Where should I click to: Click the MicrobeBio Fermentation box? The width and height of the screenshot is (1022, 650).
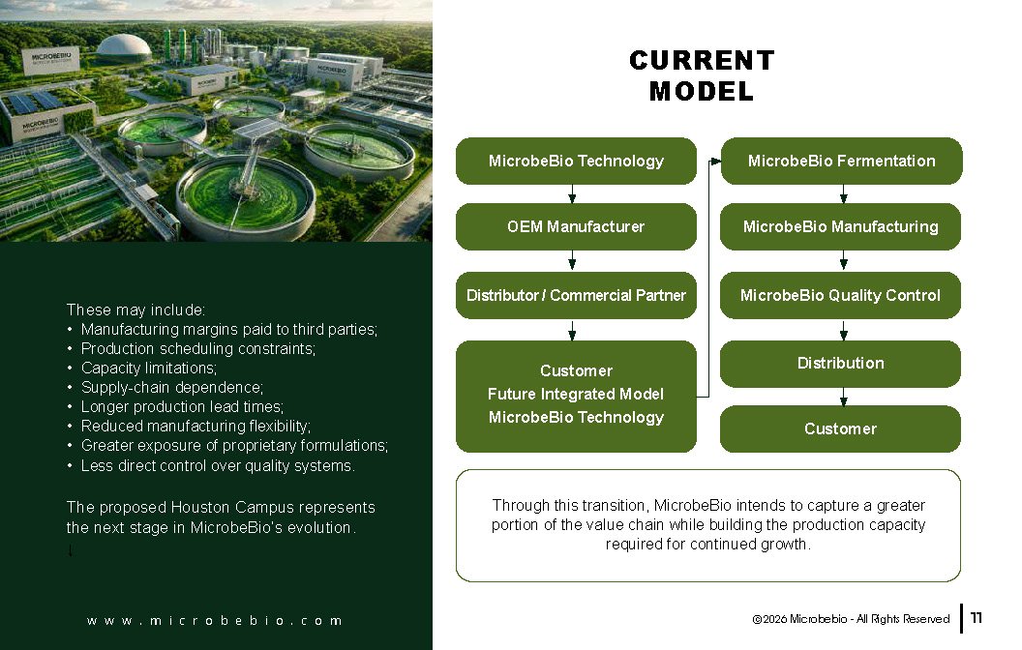point(841,161)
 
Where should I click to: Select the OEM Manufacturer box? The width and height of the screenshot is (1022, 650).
point(576,226)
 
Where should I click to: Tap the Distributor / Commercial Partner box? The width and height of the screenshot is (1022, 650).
point(576,295)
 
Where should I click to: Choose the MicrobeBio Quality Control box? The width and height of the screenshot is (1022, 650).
point(840,295)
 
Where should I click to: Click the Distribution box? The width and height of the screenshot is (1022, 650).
point(840,364)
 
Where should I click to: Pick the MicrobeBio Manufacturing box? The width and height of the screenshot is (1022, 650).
point(840,226)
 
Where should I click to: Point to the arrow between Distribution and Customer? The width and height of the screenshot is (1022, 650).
point(843,397)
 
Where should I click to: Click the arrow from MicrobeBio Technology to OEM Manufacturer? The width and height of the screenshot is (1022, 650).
point(572,194)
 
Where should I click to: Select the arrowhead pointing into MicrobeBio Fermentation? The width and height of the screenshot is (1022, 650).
point(715,161)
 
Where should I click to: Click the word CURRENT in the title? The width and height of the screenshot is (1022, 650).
point(702,61)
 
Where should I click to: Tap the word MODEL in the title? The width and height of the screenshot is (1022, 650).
point(702,91)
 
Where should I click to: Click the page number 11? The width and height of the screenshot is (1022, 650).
point(976,618)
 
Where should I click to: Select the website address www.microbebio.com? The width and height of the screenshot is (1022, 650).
point(215,621)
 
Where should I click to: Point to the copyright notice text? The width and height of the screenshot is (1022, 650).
point(851,619)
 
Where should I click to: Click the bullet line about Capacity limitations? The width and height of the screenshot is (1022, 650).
point(149,368)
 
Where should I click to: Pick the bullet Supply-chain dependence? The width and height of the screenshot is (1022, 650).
point(172,388)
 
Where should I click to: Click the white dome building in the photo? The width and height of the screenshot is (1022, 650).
point(124,48)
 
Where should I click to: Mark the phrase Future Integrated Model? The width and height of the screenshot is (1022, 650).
point(576,394)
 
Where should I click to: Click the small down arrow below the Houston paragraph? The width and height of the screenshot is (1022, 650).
point(71,550)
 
